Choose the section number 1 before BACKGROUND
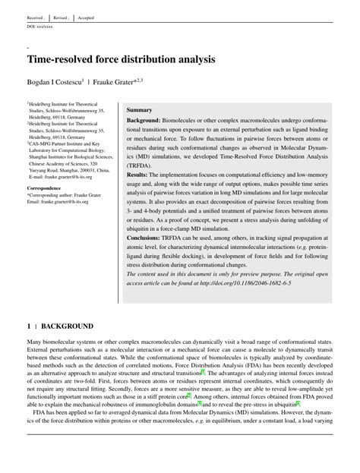(29, 326)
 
